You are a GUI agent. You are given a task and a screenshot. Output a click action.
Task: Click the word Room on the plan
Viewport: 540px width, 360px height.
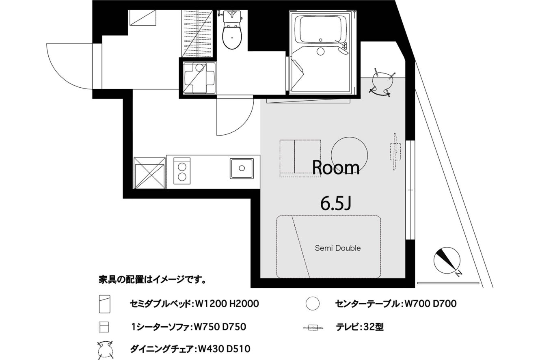pos(336,168)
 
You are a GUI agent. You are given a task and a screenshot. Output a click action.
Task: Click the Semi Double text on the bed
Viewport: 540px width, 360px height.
pos(338,248)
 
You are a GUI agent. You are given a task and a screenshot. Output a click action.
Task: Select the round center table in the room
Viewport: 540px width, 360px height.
pos(349,155)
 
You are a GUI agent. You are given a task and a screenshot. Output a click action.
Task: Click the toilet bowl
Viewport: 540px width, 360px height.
pos(232,37)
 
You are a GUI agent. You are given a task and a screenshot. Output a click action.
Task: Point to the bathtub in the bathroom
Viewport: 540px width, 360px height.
pos(321,29)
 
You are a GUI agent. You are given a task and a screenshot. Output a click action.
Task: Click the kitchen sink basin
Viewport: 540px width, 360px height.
pos(242,168)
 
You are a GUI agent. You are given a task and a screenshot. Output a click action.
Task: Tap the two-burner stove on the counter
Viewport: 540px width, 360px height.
pos(182,171)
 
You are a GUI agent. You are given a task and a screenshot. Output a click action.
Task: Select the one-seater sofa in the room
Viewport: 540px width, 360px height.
pos(300,158)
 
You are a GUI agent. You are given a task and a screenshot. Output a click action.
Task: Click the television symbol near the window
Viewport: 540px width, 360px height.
pos(395,152)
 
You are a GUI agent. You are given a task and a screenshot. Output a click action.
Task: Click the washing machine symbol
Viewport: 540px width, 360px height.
pos(199,78)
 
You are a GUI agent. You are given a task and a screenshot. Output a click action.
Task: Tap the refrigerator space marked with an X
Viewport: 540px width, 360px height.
pos(149,173)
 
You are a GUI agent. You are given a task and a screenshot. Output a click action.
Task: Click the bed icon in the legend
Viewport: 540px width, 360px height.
pos(105,304)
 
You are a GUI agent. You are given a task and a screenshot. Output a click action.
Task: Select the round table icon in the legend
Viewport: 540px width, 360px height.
pos(313,304)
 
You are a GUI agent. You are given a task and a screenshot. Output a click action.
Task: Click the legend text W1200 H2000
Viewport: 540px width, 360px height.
pos(227,304)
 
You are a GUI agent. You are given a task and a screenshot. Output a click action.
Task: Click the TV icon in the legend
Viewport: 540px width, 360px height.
pos(313,328)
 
